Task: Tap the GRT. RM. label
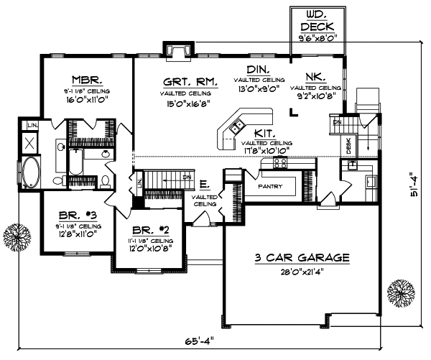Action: tap(185, 82)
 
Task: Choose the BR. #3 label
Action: tap(74, 215)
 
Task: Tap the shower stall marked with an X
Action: tap(31, 142)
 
